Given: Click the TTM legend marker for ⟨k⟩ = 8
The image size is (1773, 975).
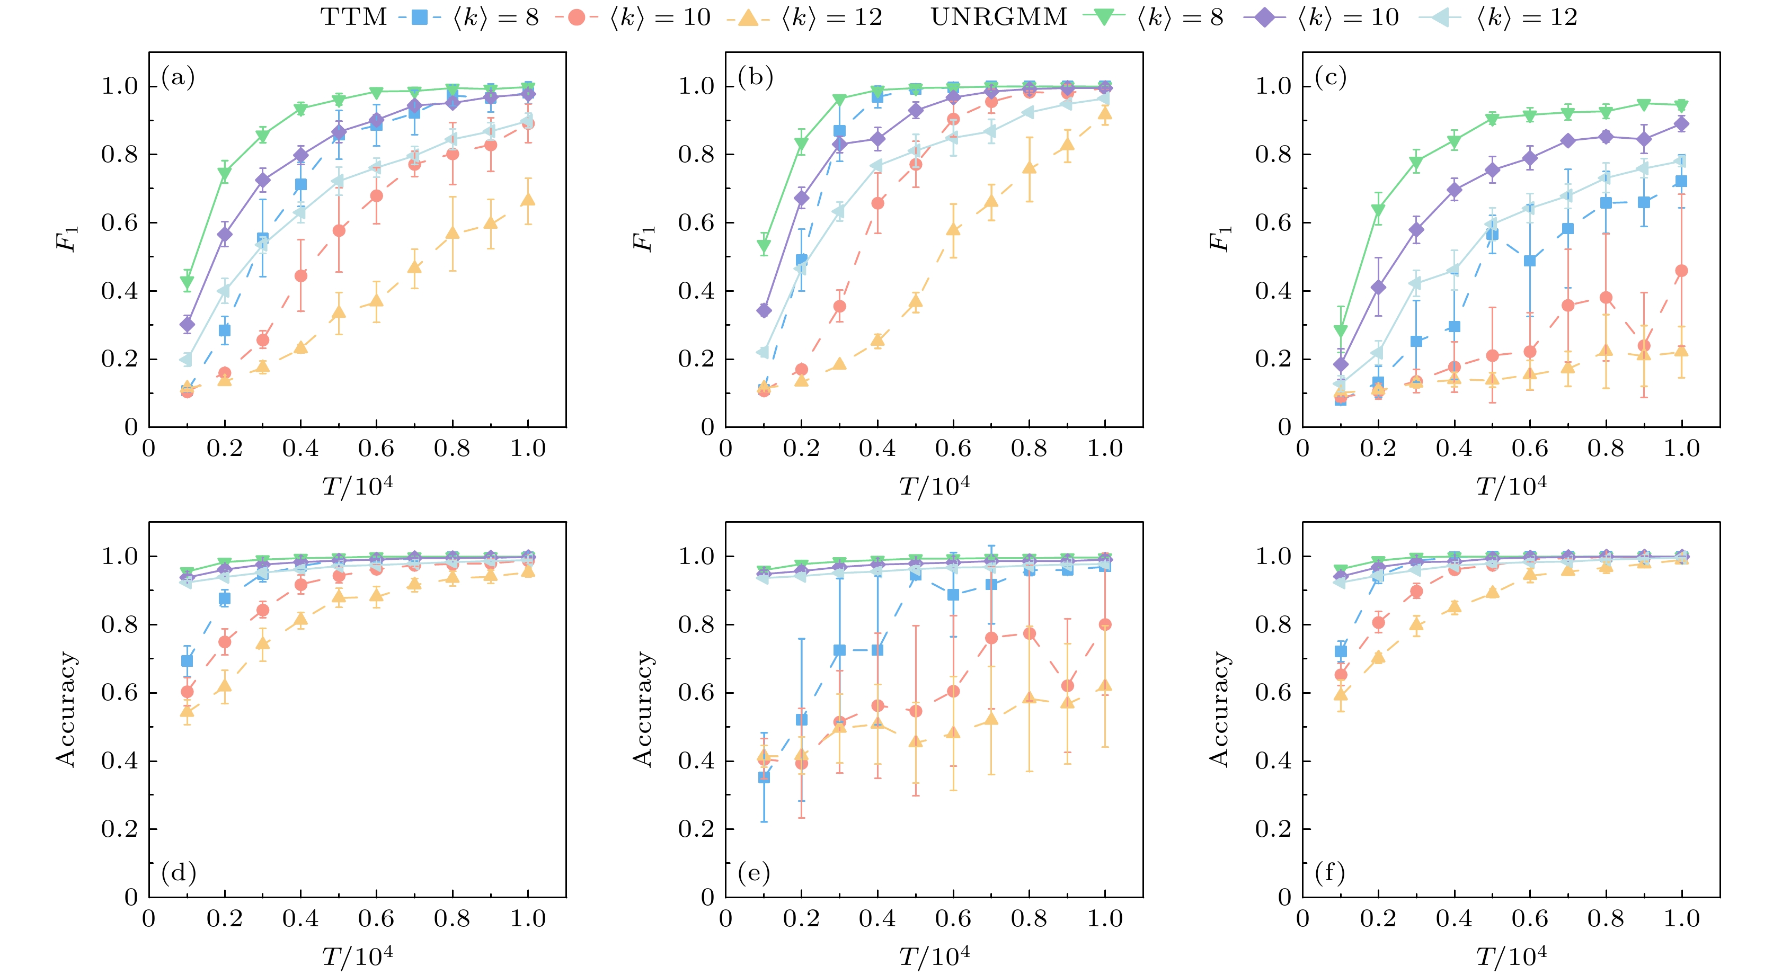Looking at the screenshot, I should pos(419,17).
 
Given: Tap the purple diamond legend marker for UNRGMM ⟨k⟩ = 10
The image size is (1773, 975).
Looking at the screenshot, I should pos(1264,17).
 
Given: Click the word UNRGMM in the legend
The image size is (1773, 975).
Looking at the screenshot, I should pos(999,17).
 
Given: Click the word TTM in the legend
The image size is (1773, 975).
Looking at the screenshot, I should pos(354,17).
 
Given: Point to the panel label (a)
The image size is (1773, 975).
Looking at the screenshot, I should pos(178,77).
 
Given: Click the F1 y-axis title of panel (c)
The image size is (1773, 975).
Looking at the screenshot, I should pos(1220,239).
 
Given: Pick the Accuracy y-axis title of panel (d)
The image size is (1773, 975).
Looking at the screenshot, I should pos(66,709).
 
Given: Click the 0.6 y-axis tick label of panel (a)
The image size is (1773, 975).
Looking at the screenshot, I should pos(120,223).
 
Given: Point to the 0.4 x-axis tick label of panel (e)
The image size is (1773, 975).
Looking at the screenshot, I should pos(877,919).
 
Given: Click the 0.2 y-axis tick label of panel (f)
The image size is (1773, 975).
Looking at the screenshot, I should pos(1273,830).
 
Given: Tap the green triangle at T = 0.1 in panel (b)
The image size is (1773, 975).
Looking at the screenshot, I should pos(763,246).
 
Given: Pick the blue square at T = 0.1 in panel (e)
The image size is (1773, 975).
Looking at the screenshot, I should pos(763,777).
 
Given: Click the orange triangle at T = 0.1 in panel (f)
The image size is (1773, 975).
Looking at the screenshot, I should pos(1340,694).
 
